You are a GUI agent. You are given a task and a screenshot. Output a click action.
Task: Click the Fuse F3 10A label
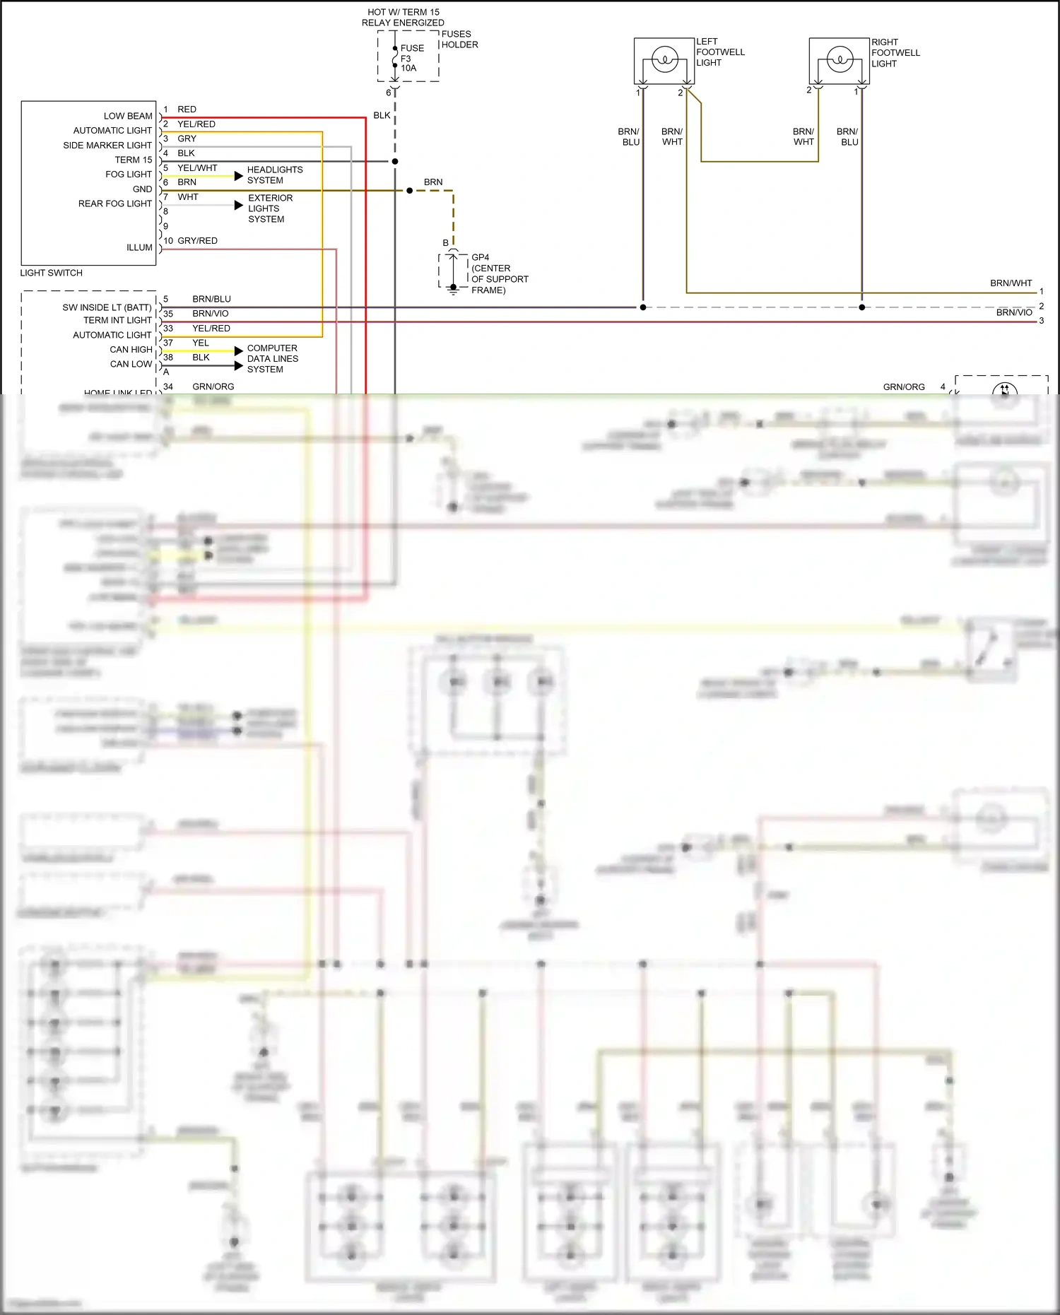point(411,59)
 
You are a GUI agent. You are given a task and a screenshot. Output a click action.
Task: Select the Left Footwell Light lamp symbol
point(664,59)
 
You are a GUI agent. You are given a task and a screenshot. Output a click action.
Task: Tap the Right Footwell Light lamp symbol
point(840,59)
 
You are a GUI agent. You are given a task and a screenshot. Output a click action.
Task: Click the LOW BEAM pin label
point(128,116)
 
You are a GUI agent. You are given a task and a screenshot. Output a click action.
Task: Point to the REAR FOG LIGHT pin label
point(115,204)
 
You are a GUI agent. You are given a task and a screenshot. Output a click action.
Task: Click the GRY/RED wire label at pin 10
point(197,241)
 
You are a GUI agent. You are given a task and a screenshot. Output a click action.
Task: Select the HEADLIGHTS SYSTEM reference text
point(275,175)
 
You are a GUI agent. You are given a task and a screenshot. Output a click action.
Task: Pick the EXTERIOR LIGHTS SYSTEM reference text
point(269,208)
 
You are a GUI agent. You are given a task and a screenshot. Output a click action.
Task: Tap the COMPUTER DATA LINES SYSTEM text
point(272,359)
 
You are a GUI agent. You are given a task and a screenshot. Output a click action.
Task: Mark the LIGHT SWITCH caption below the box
point(51,273)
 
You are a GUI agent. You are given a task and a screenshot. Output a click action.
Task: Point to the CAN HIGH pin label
point(131,350)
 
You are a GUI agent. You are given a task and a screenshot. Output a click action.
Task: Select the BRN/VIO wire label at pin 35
point(210,314)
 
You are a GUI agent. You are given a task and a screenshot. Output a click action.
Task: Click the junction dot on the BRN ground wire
point(409,191)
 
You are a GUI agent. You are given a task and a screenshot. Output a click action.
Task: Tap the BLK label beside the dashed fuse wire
point(382,115)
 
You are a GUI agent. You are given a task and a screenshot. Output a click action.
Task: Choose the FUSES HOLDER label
point(459,40)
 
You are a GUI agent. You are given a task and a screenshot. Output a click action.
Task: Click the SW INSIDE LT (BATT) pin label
point(107,307)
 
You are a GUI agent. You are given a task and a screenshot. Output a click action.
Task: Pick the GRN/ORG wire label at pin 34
point(213,387)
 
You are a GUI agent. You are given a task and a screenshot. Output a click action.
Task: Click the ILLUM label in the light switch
point(139,247)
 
